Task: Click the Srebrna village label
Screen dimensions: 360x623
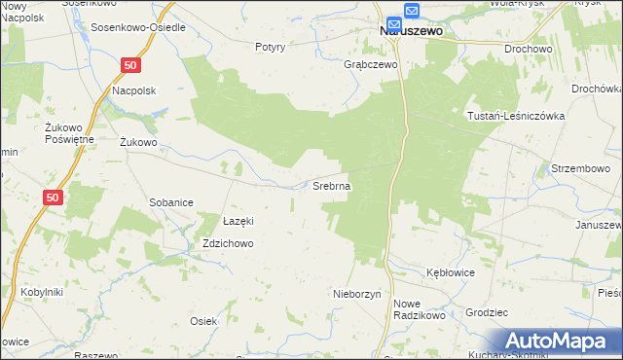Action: pos(332,185)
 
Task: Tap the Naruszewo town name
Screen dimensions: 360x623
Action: pos(410,30)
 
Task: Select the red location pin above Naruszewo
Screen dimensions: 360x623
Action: pos(394,23)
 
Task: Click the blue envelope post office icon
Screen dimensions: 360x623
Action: pos(412,11)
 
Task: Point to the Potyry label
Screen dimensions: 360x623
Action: pos(270,47)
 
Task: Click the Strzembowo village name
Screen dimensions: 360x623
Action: pos(580,168)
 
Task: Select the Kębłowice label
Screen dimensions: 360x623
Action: pos(451,272)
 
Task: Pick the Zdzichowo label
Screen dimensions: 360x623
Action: pos(229,243)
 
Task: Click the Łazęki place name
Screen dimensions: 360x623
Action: pos(238,221)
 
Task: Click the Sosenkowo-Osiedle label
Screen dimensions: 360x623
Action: pos(138,27)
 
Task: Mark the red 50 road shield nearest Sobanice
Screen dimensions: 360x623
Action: pos(54,198)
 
